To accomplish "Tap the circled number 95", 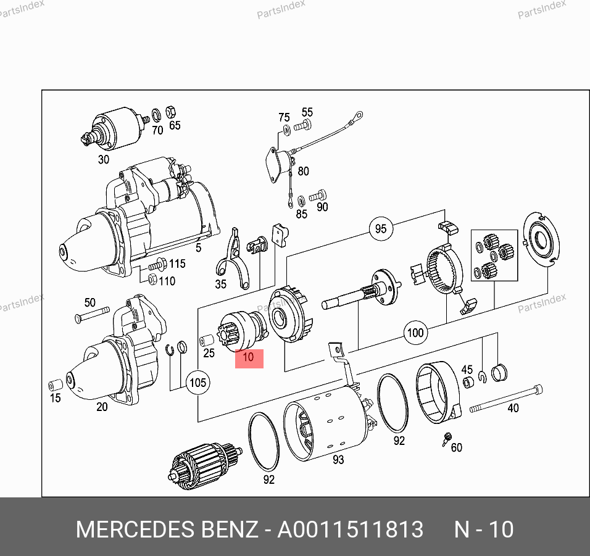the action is click(x=381, y=229).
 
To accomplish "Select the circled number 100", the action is click(x=415, y=333).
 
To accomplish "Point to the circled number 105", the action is click(x=198, y=383).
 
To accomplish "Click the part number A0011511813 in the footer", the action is click(x=351, y=529).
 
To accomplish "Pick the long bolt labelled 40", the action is click(x=506, y=399).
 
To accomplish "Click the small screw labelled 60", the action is click(x=447, y=439).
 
